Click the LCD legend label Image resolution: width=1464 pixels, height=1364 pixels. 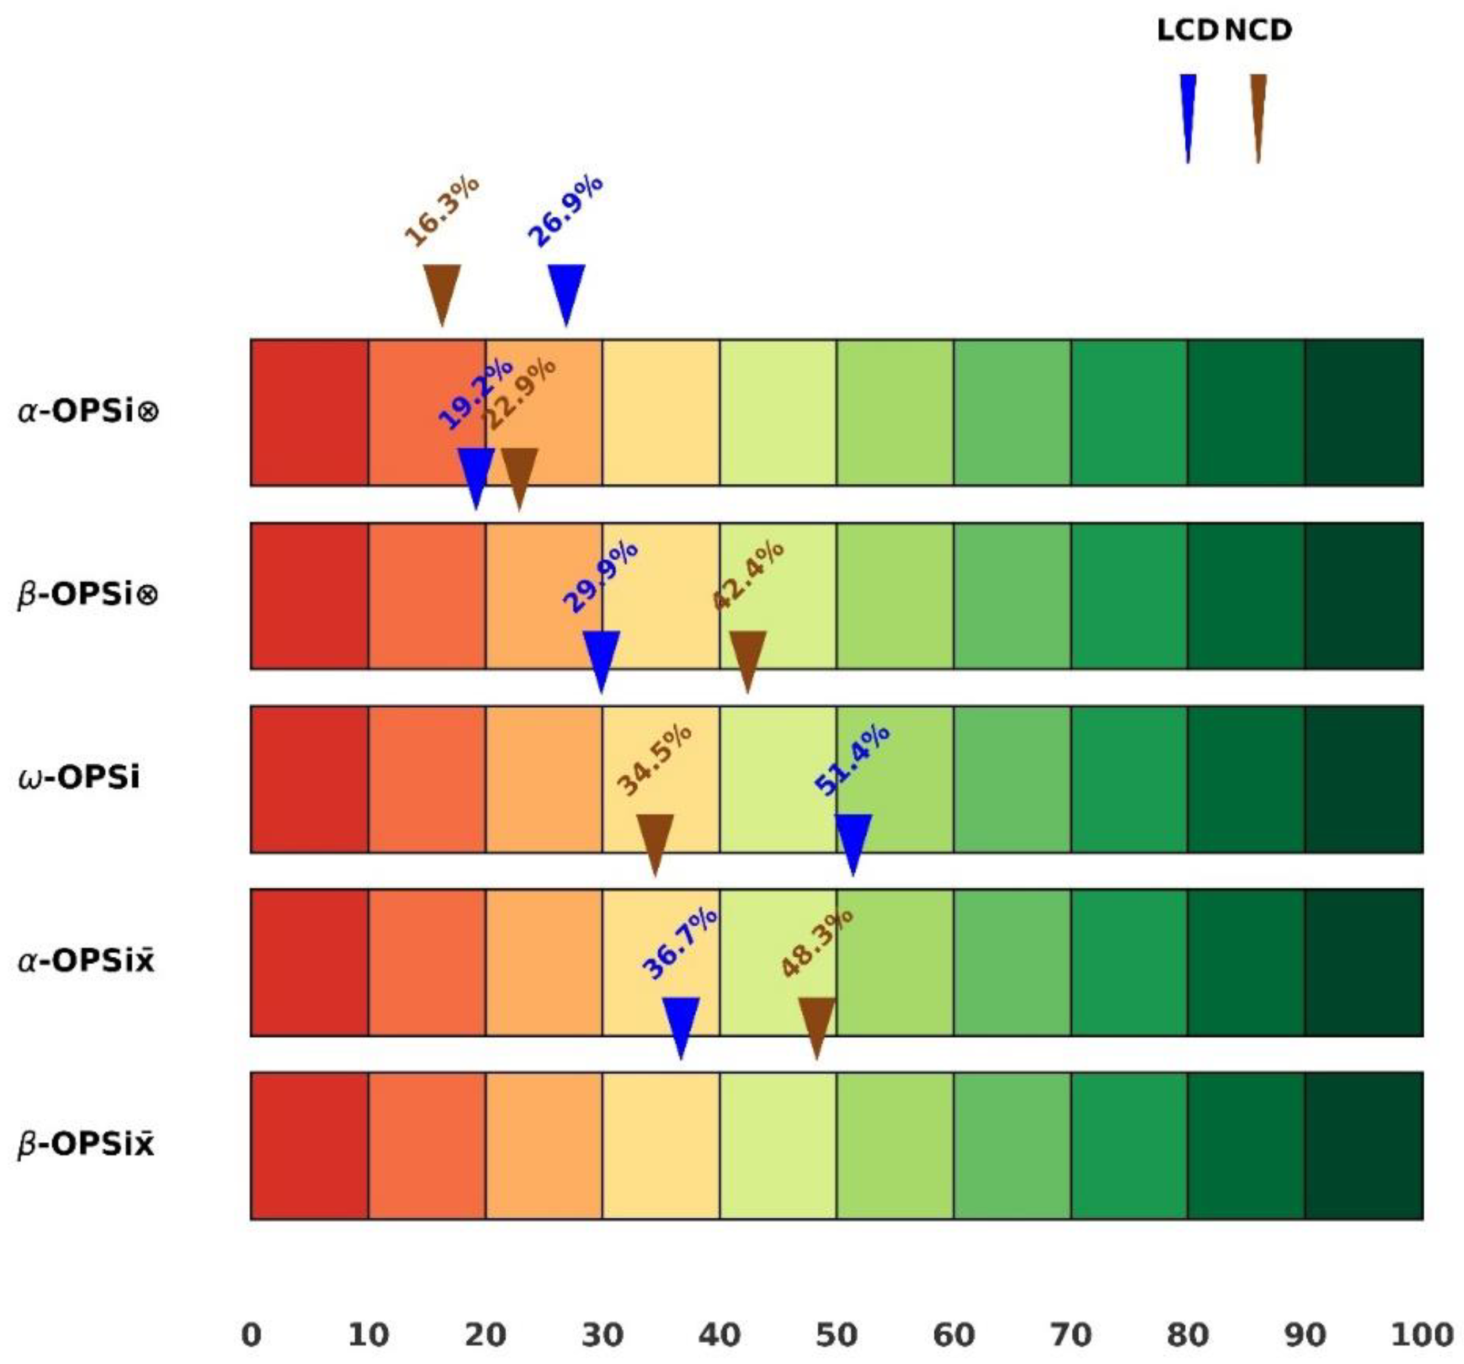click(1187, 30)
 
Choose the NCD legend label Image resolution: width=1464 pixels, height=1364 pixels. click(1258, 30)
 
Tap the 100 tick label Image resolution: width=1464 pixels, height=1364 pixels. click(1421, 1334)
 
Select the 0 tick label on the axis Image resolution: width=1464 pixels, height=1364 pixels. click(251, 1334)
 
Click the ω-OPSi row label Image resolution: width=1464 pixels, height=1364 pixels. click(78, 778)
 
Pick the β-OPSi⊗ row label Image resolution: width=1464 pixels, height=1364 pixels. click(88, 594)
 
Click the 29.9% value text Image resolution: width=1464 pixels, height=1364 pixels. click(600, 577)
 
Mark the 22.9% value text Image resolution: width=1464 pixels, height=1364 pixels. click(519, 393)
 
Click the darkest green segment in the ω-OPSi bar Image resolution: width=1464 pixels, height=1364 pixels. click(1363, 779)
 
